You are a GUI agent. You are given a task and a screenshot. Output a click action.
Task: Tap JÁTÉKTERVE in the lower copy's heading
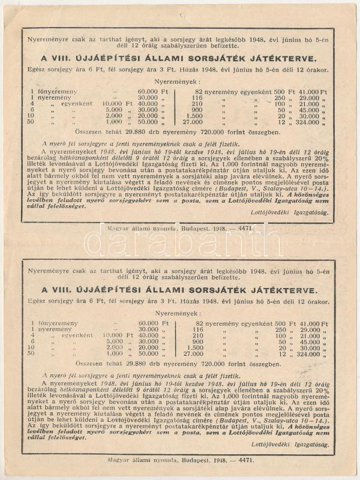(270, 290)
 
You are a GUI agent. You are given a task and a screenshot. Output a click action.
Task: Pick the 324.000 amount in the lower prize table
(307, 354)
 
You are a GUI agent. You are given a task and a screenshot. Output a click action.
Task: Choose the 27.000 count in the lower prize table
(194, 354)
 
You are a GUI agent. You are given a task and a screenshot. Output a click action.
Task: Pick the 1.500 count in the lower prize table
(195, 347)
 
